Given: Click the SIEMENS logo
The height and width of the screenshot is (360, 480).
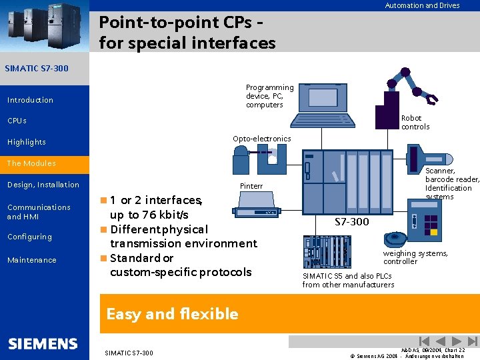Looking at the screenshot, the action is pos(43,344).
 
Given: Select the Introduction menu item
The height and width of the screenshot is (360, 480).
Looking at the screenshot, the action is pos(30,100).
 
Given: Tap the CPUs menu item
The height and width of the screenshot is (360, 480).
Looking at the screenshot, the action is pos(17,121).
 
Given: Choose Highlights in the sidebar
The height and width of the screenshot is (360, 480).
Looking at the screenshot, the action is pos(27,142).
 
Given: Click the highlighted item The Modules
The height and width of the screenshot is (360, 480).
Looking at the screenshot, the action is pos(31,163).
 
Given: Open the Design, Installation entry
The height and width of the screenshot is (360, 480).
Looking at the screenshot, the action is pos(43,185).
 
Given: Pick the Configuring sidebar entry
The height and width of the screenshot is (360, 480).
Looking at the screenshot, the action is pos(29,237).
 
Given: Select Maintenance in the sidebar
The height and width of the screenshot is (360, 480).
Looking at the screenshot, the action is pos(32,260).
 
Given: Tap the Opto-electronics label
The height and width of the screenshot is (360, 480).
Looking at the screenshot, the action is pos(261,139).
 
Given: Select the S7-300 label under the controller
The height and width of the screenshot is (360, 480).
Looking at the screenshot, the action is pos(351,222).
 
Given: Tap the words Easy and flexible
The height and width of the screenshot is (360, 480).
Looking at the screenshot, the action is pos(172,314).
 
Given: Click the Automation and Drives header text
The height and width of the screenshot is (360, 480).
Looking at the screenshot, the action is pos(422,5).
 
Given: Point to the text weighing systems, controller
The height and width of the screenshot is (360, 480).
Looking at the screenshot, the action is pos(415,257).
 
